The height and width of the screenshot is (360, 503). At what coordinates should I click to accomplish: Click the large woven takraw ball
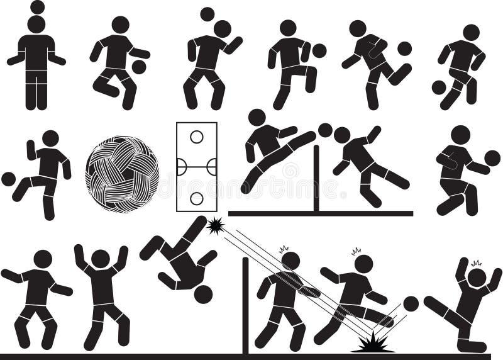point(122,174)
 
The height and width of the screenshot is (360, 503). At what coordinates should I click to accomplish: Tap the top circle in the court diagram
point(197,136)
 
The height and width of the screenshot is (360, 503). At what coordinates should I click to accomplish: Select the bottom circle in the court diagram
point(197,198)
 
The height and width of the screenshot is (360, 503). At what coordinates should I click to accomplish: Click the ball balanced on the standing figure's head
point(37,7)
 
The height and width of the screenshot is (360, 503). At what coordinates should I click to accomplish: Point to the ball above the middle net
point(325,130)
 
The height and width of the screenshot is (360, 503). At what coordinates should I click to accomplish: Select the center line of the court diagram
point(197,167)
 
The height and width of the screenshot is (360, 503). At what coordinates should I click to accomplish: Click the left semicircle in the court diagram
point(181,167)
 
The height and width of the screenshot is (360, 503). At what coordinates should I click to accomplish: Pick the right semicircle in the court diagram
point(213,167)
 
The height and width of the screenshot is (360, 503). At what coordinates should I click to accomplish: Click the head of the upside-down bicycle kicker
point(203,294)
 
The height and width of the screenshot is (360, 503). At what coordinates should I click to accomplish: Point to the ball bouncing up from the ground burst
point(411,303)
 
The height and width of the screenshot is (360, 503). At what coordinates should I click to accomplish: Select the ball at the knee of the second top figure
point(139,66)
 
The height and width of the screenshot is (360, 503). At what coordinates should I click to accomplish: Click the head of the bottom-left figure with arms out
point(43,259)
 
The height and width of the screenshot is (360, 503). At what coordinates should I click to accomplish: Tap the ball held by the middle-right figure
point(492,158)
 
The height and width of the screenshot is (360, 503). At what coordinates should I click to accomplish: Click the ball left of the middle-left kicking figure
point(8,179)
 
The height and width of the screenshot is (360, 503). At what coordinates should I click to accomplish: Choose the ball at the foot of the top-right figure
point(438,87)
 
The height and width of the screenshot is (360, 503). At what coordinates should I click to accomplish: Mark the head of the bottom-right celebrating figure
point(477,277)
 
